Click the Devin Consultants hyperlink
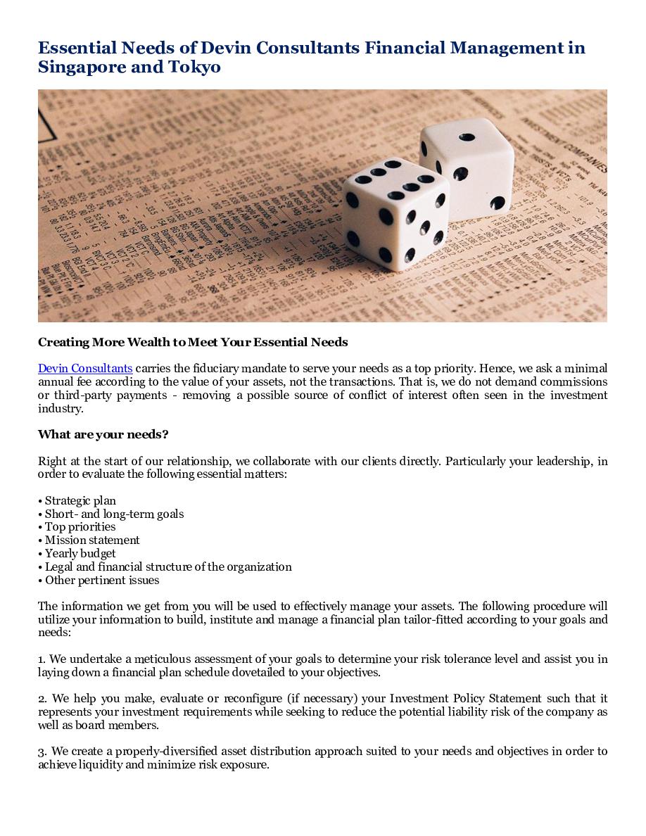(x=85, y=368)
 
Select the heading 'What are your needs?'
(x=103, y=434)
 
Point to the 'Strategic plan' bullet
(x=80, y=500)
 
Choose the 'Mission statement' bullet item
(x=92, y=540)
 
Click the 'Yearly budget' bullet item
(x=80, y=553)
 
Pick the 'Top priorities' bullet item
(x=80, y=526)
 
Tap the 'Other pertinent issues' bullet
(x=102, y=580)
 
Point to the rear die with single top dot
(x=467, y=167)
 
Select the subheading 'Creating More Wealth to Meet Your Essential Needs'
(x=193, y=342)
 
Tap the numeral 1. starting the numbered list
(x=42, y=659)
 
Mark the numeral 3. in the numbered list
(x=42, y=752)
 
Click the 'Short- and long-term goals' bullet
(x=114, y=514)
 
